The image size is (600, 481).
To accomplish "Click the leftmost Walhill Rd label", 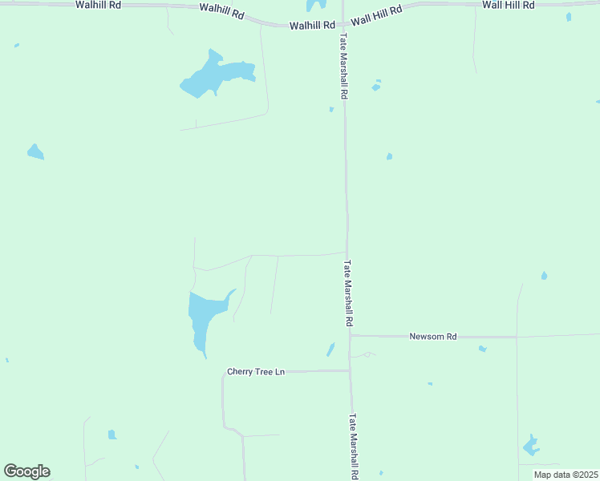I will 98,5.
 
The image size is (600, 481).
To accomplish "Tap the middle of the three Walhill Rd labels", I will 221,14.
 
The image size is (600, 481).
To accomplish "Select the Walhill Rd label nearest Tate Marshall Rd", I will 312,26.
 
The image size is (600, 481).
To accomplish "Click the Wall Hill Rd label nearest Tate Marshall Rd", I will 376,14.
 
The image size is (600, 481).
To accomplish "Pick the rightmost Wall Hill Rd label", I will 509,5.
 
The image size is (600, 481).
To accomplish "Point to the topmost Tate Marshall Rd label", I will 343,67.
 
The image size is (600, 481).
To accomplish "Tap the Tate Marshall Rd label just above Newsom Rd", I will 349,292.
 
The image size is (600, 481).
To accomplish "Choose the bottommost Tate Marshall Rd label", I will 353,447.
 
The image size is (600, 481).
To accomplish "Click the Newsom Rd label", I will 432,337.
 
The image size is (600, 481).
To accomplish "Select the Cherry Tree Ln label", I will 256,371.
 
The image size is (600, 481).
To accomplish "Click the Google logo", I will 26,471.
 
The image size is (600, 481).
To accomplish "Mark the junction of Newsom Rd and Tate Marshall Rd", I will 350,336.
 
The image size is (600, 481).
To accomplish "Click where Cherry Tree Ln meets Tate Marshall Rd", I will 350,370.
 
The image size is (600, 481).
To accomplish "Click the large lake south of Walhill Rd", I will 213,75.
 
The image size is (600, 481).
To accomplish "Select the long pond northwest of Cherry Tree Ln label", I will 204,317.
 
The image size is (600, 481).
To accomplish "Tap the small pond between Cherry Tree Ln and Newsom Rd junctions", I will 330,350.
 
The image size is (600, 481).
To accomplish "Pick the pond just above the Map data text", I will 530,446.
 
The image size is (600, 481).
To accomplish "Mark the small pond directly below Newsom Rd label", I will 482,349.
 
